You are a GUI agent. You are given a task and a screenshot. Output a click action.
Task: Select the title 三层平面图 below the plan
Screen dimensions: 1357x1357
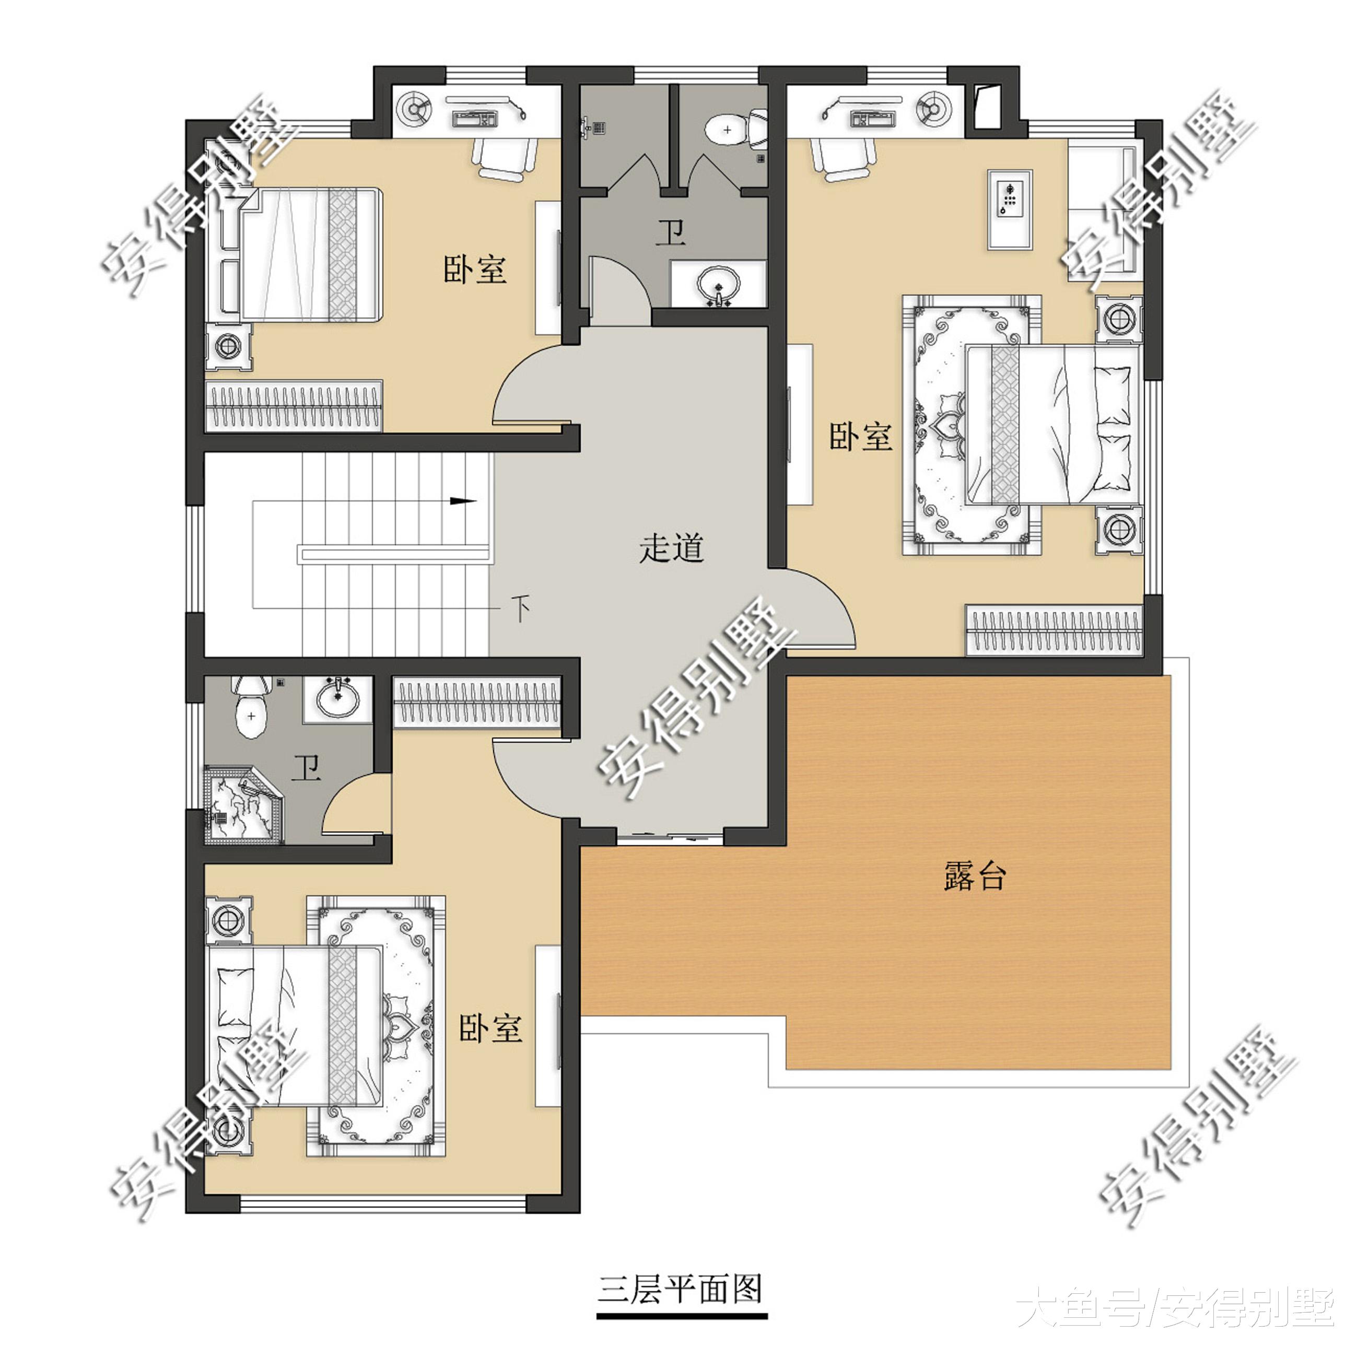click(680, 1289)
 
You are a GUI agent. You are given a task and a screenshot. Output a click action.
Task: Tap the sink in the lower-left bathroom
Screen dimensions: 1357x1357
click(338, 697)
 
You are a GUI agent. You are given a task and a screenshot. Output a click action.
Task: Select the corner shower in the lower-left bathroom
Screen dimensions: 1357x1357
click(243, 805)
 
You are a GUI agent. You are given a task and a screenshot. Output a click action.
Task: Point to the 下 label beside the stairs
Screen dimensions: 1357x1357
click(520, 609)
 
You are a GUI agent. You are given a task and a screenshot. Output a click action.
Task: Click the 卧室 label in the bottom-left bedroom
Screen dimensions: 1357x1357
click(491, 1028)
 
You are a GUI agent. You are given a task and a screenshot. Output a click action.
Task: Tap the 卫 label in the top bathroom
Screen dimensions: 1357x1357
click(671, 232)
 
